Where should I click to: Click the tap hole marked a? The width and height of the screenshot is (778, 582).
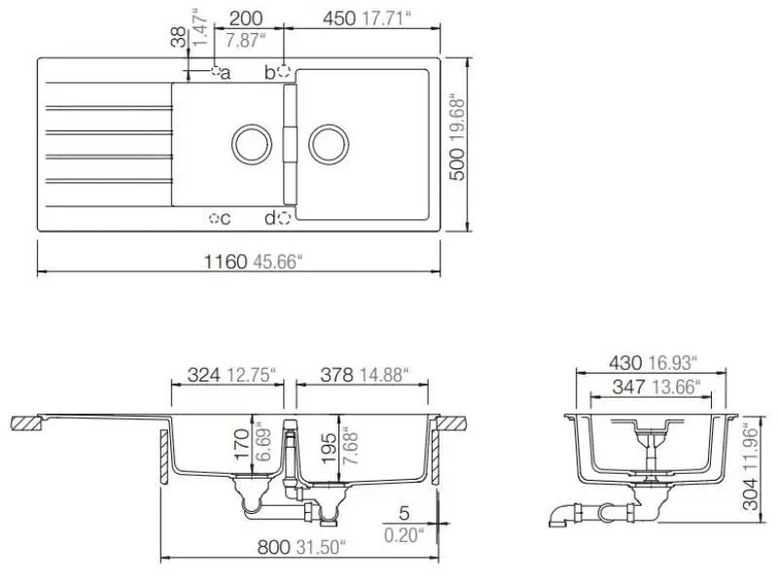[x=215, y=71]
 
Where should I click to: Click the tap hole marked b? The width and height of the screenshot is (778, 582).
[x=284, y=71]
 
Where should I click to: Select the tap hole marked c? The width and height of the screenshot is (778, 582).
[x=215, y=219]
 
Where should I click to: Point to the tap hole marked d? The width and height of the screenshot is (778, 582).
[x=284, y=219]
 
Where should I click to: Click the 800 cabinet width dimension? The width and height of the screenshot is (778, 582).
[x=273, y=548]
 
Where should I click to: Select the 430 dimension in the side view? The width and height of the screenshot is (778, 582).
[x=625, y=363]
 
